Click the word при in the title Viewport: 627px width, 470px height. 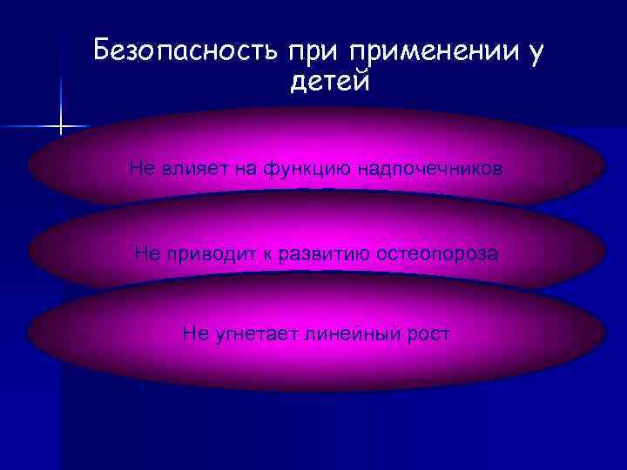pos(310,53)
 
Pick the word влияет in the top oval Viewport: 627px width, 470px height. pos(185,168)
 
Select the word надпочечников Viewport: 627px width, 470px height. pos(429,169)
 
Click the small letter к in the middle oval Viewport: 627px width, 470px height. pos(253,255)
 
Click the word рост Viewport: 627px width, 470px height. pos(425,334)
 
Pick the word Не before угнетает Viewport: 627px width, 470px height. pos(195,333)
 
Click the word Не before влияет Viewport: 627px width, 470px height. pos(141,168)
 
